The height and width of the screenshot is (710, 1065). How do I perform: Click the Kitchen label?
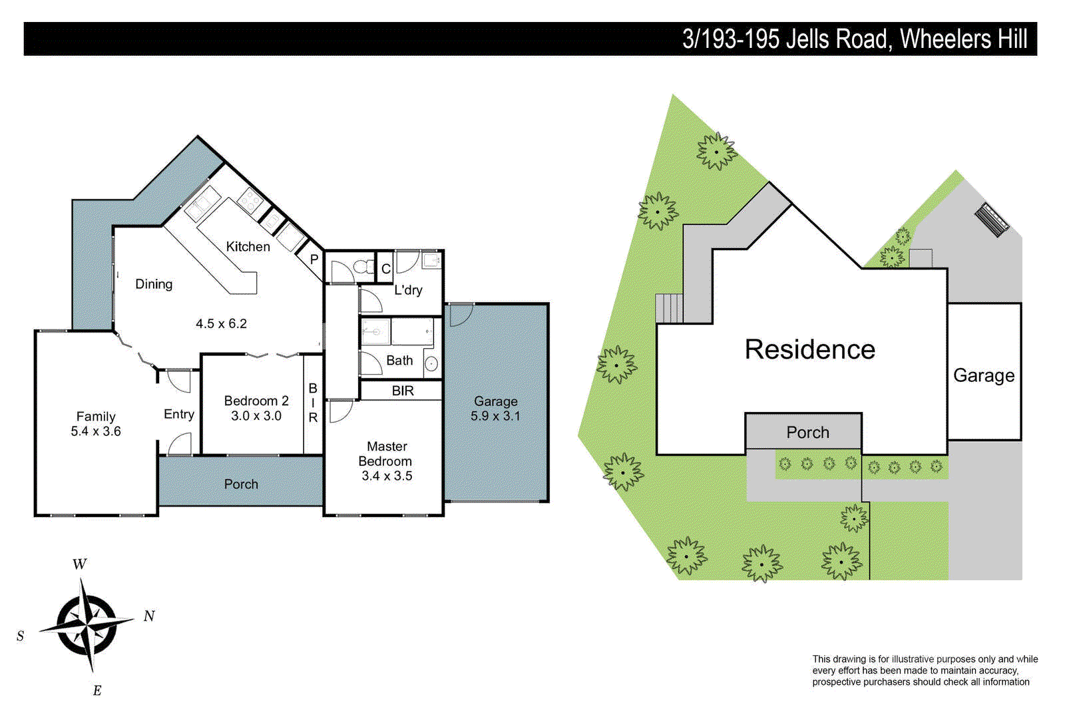pos(248,247)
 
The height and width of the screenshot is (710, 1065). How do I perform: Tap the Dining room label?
pos(154,284)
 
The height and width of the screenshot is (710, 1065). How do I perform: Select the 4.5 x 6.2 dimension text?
pos(221,324)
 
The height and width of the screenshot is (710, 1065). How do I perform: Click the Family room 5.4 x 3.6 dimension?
pos(96,431)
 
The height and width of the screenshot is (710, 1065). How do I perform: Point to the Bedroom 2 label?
pos(256,401)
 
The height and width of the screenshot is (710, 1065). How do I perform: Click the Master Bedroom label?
pos(386,454)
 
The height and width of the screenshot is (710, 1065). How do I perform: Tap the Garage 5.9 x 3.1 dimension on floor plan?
pos(495,416)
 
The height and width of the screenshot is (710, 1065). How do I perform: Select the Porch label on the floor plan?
pos(241,484)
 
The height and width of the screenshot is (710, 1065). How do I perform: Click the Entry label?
pos(179,414)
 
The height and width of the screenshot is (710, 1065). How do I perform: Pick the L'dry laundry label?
pos(408,290)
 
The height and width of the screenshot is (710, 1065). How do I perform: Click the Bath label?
pos(399,361)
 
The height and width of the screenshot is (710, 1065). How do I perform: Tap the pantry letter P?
pos(314,260)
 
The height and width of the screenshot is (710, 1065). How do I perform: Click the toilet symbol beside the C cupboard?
pos(363,267)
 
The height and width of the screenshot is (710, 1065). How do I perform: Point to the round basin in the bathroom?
pos(431,364)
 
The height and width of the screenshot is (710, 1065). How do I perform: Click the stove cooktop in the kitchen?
pos(250,199)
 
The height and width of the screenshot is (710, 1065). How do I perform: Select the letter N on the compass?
pos(149,616)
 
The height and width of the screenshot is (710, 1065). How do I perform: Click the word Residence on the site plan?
pos(809,349)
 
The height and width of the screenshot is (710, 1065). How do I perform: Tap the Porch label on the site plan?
pos(807,433)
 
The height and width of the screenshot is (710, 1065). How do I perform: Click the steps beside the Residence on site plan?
pos(669,308)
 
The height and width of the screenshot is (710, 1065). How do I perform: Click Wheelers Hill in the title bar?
pos(963,39)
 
